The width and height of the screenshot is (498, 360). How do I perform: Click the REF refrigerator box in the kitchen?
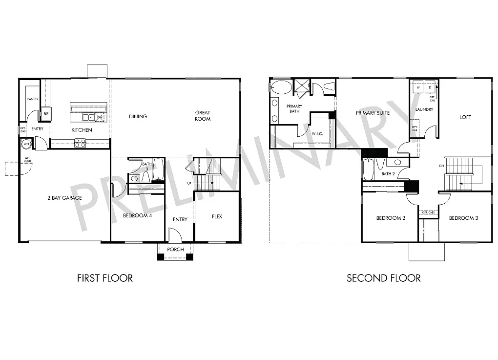tap(46, 113)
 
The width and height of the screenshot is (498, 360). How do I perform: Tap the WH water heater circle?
tap(26, 144)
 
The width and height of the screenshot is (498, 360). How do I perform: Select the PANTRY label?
tap(33, 99)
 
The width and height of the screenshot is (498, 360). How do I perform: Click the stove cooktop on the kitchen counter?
tap(80, 143)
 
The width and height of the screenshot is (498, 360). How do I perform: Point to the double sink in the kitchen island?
tap(89, 117)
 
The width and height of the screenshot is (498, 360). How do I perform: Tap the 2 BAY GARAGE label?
tap(64, 198)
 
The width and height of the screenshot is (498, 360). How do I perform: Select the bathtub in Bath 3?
tap(159, 169)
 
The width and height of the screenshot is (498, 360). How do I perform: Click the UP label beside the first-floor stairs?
tap(188, 183)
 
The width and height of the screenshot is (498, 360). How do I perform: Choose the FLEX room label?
tap(217, 216)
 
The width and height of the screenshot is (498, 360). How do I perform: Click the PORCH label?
tap(175, 250)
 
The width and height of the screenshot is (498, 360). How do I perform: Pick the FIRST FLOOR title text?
tap(105, 278)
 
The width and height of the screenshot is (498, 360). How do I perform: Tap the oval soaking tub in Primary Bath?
tap(280, 87)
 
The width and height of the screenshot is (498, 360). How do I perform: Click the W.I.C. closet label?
tap(317, 133)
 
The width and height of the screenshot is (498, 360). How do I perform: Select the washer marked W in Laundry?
tap(418, 87)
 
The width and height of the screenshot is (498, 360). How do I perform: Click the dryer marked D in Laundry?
tap(431, 87)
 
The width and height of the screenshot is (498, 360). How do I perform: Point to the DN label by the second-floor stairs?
tap(441, 166)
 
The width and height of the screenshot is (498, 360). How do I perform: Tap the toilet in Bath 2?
tap(381, 163)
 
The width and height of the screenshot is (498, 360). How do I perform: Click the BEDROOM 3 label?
tap(463, 218)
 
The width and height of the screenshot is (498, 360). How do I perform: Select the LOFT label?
tap(465, 117)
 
